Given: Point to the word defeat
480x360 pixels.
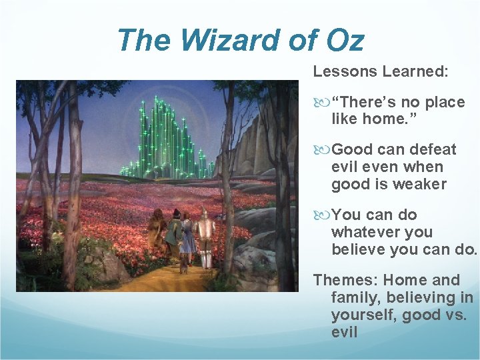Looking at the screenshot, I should pyautogui.click(x=433, y=149).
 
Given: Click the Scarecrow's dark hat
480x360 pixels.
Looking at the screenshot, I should pyautogui.click(x=177, y=212).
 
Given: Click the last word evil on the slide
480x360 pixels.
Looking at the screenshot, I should pyautogui.click(x=344, y=332).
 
